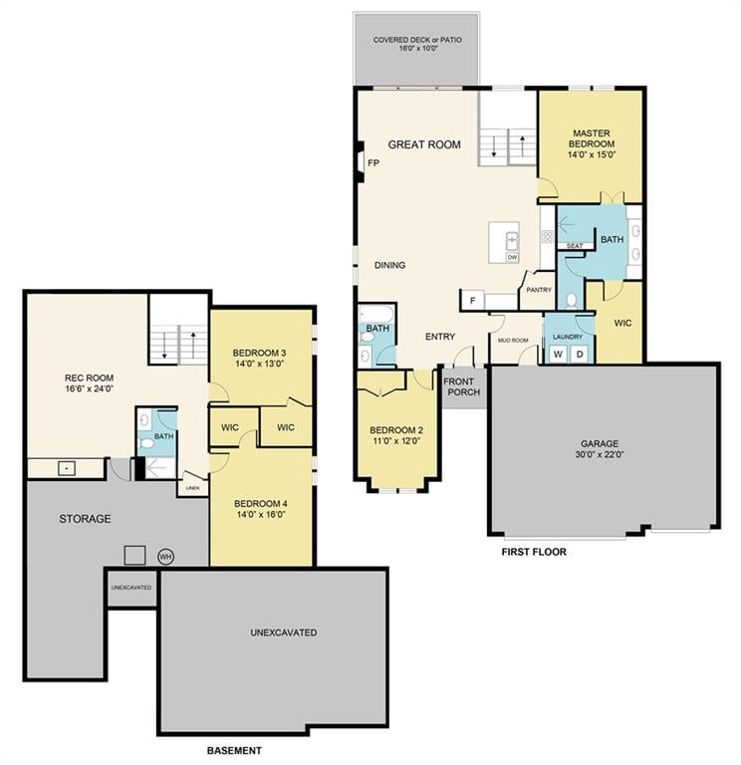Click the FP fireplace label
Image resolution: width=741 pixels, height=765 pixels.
click(x=373, y=163)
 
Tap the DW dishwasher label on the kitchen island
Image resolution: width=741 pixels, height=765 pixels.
click(x=512, y=257)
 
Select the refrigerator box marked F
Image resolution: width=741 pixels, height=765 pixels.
click(x=469, y=300)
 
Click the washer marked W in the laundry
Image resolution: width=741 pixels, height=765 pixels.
click(x=558, y=354)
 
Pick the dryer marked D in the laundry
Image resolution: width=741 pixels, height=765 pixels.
click(x=579, y=354)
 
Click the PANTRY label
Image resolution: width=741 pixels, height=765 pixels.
click(x=539, y=290)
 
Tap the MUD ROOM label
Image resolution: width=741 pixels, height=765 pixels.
click(x=512, y=340)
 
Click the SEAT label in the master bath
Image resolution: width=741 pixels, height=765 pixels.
click(x=575, y=245)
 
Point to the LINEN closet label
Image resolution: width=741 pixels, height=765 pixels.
click(x=191, y=488)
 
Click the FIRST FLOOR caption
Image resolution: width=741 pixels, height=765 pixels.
click(x=534, y=551)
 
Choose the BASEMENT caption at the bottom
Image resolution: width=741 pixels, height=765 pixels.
click(x=234, y=750)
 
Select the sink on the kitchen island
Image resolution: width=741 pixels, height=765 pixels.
click(x=512, y=240)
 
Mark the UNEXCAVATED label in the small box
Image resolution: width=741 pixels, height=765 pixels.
click(x=131, y=587)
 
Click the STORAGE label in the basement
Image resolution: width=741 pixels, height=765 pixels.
click(x=85, y=519)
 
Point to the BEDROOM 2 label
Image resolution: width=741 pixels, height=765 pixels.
click(x=396, y=436)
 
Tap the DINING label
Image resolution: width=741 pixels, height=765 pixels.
click(x=389, y=265)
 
